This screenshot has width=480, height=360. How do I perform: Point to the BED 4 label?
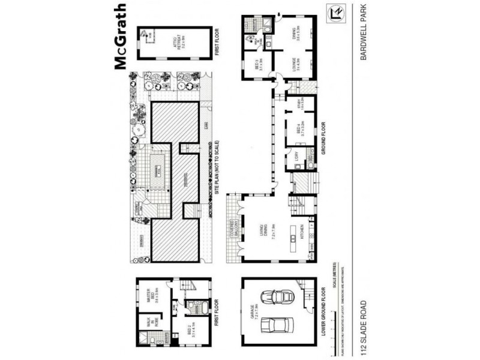298,130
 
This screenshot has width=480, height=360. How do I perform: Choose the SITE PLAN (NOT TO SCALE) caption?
215,166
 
